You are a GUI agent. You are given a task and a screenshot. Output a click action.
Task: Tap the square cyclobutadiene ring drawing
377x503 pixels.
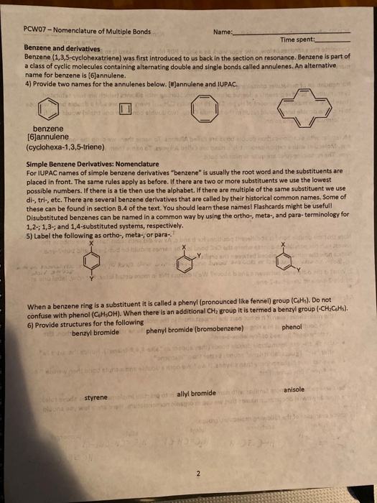coord(127,109)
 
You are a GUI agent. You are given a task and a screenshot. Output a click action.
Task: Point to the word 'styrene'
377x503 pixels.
coord(96,397)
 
